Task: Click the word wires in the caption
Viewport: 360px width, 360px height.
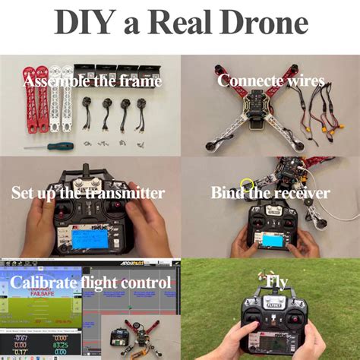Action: tap(305, 81)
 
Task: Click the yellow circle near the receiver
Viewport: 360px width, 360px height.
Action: tap(247, 185)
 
